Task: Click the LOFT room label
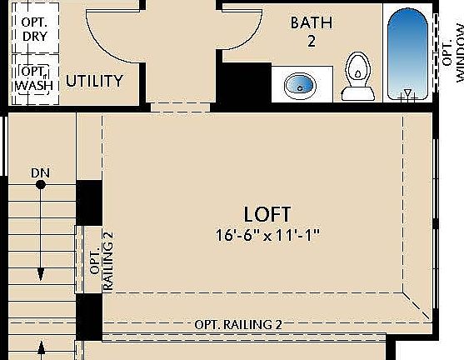click(x=267, y=214)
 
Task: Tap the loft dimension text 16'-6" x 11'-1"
click(x=267, y=236)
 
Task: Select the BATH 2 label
click(x=311, y=30)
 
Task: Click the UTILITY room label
click(x=95, y=81)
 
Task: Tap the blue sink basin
click(x=298, y=84)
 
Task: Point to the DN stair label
click(x=40, y=173)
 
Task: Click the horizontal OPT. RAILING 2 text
click(x=238, y=324)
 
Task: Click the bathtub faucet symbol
click(x=407, y=94)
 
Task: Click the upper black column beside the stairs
click(x=88, y=202)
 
